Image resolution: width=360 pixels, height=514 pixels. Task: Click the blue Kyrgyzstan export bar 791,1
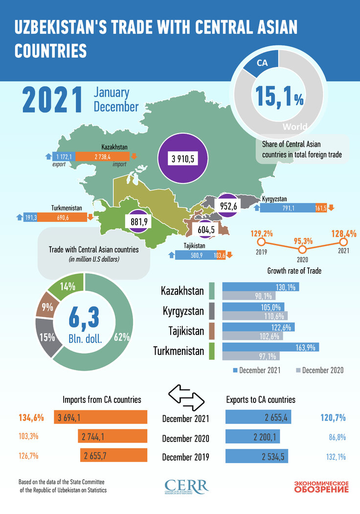(288, 207)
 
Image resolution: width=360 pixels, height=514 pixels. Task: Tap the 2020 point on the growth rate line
(302, 241)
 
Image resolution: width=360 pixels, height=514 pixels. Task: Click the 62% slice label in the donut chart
(122, 337)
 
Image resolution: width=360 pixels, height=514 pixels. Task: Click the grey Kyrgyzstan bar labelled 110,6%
(255, 315)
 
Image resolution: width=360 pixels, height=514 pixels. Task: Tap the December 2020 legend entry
(320, 370)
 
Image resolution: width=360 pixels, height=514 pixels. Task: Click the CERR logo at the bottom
(186, 487)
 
